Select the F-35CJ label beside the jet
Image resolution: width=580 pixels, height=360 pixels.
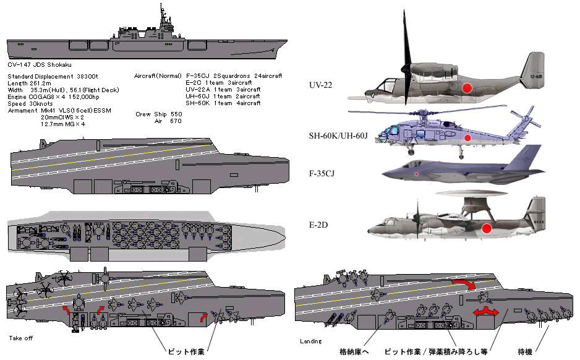328,175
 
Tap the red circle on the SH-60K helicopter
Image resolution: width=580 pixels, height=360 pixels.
468,137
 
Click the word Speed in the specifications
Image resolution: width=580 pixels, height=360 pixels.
18,103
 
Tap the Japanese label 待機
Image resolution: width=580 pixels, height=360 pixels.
524,351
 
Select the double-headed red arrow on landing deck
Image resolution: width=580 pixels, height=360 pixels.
485,311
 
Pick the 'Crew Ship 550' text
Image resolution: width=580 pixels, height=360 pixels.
159,114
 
